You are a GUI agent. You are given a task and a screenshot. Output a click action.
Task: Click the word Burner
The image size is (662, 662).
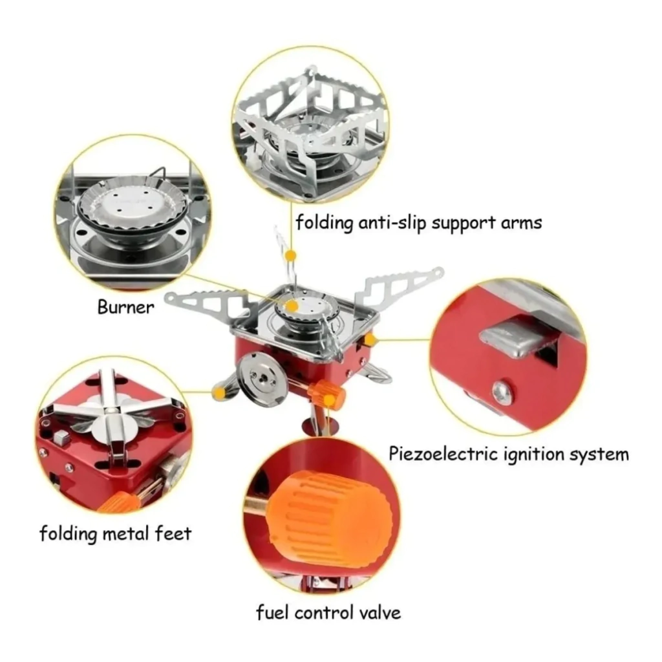pyautogui.click(x=125, y=307)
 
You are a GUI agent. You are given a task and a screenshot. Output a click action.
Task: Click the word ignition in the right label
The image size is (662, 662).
pyautogui.click(x=534, y=455)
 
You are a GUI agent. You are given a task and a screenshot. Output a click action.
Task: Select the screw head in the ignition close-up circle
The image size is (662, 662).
pyautogui.click(x=503, y=393)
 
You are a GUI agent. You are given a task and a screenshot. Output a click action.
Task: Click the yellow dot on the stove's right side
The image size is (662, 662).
pyautogui.click(x=370, y=339)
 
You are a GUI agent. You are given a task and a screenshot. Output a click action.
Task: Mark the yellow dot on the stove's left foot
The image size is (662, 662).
pyautogui.click(x=219, y=394)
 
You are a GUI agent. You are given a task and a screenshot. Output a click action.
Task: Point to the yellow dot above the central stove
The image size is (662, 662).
pyautogui.click(x=290, y=255)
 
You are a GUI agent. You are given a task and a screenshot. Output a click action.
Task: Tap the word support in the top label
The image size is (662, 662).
pyautogui.click(x=463, y=223)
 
